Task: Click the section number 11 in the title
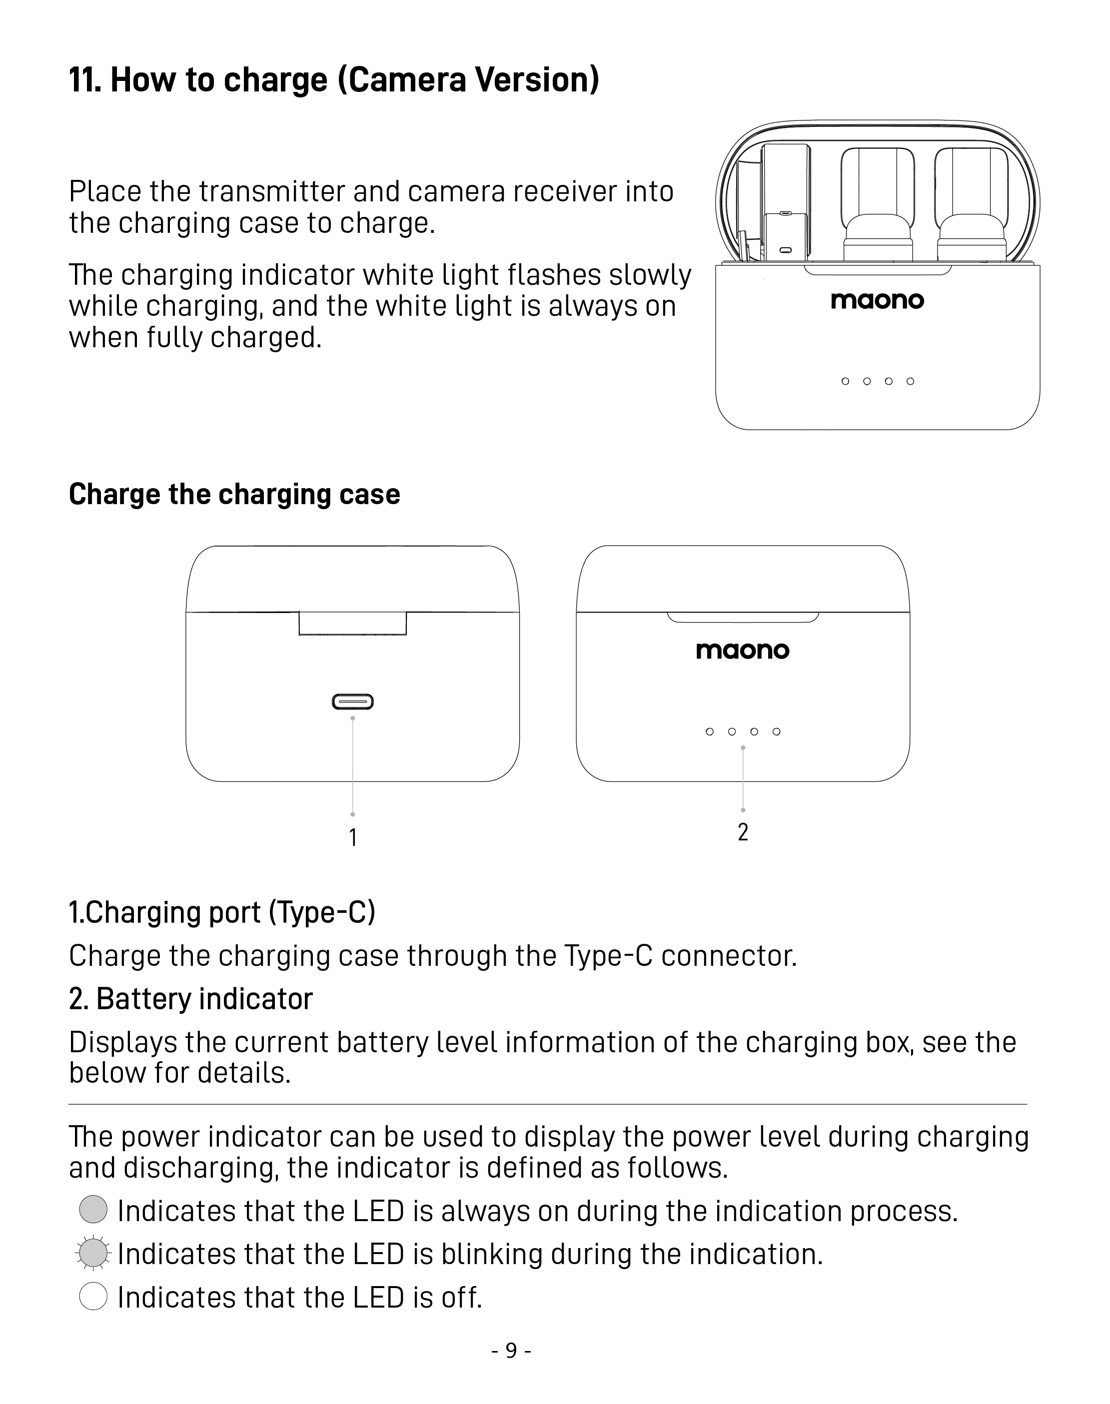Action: click(84, 80)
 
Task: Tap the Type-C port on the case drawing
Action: click(352, 702)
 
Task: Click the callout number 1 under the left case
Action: click(352, 837)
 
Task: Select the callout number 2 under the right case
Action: click(743, 832)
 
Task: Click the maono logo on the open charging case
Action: click(877, 300)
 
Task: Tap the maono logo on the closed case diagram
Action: click(742, 651)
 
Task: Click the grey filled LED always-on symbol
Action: click(93, 1209)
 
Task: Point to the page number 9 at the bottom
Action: click(511, 1351)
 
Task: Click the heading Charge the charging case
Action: click(234, 495)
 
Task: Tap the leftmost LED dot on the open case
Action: click(845, 381)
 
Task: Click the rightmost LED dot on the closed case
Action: click(776, 731)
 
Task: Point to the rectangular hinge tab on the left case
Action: click(352, 623)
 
